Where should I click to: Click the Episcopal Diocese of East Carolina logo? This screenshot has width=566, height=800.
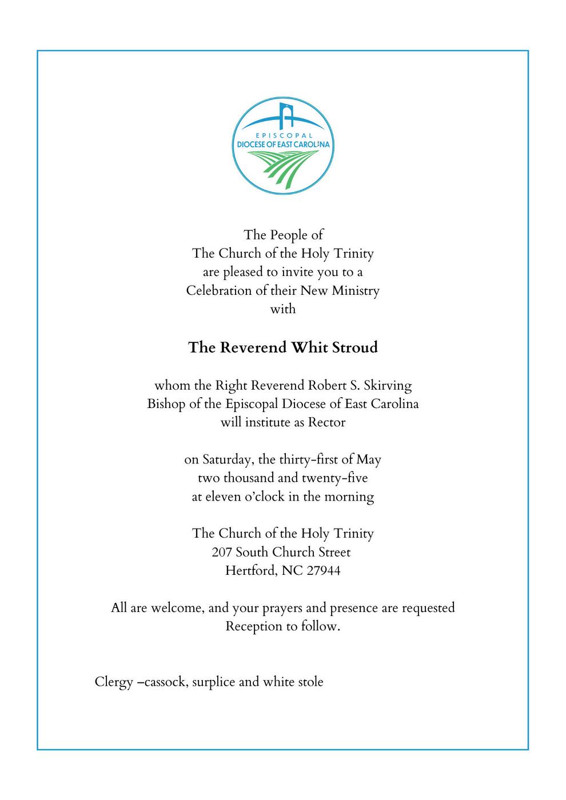[x=284, y=144]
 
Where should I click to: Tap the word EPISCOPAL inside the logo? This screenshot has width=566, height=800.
[x=284, y=135]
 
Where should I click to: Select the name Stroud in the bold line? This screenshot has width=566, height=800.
[x=355, y=347]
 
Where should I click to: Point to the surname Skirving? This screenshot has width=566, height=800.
[x=388, y=386]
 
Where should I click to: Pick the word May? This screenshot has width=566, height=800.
[x=369, y=460]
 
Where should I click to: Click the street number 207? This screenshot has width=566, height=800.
[x=222, y=553]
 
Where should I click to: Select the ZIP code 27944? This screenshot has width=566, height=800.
[x=324, y=571]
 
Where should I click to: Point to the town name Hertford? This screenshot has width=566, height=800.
[x=250, y=571]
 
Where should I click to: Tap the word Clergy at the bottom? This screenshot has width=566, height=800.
[x=114, y=682]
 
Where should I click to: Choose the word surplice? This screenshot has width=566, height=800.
[x=214, y=682]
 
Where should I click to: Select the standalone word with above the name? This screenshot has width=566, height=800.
[x=283, y=309]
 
